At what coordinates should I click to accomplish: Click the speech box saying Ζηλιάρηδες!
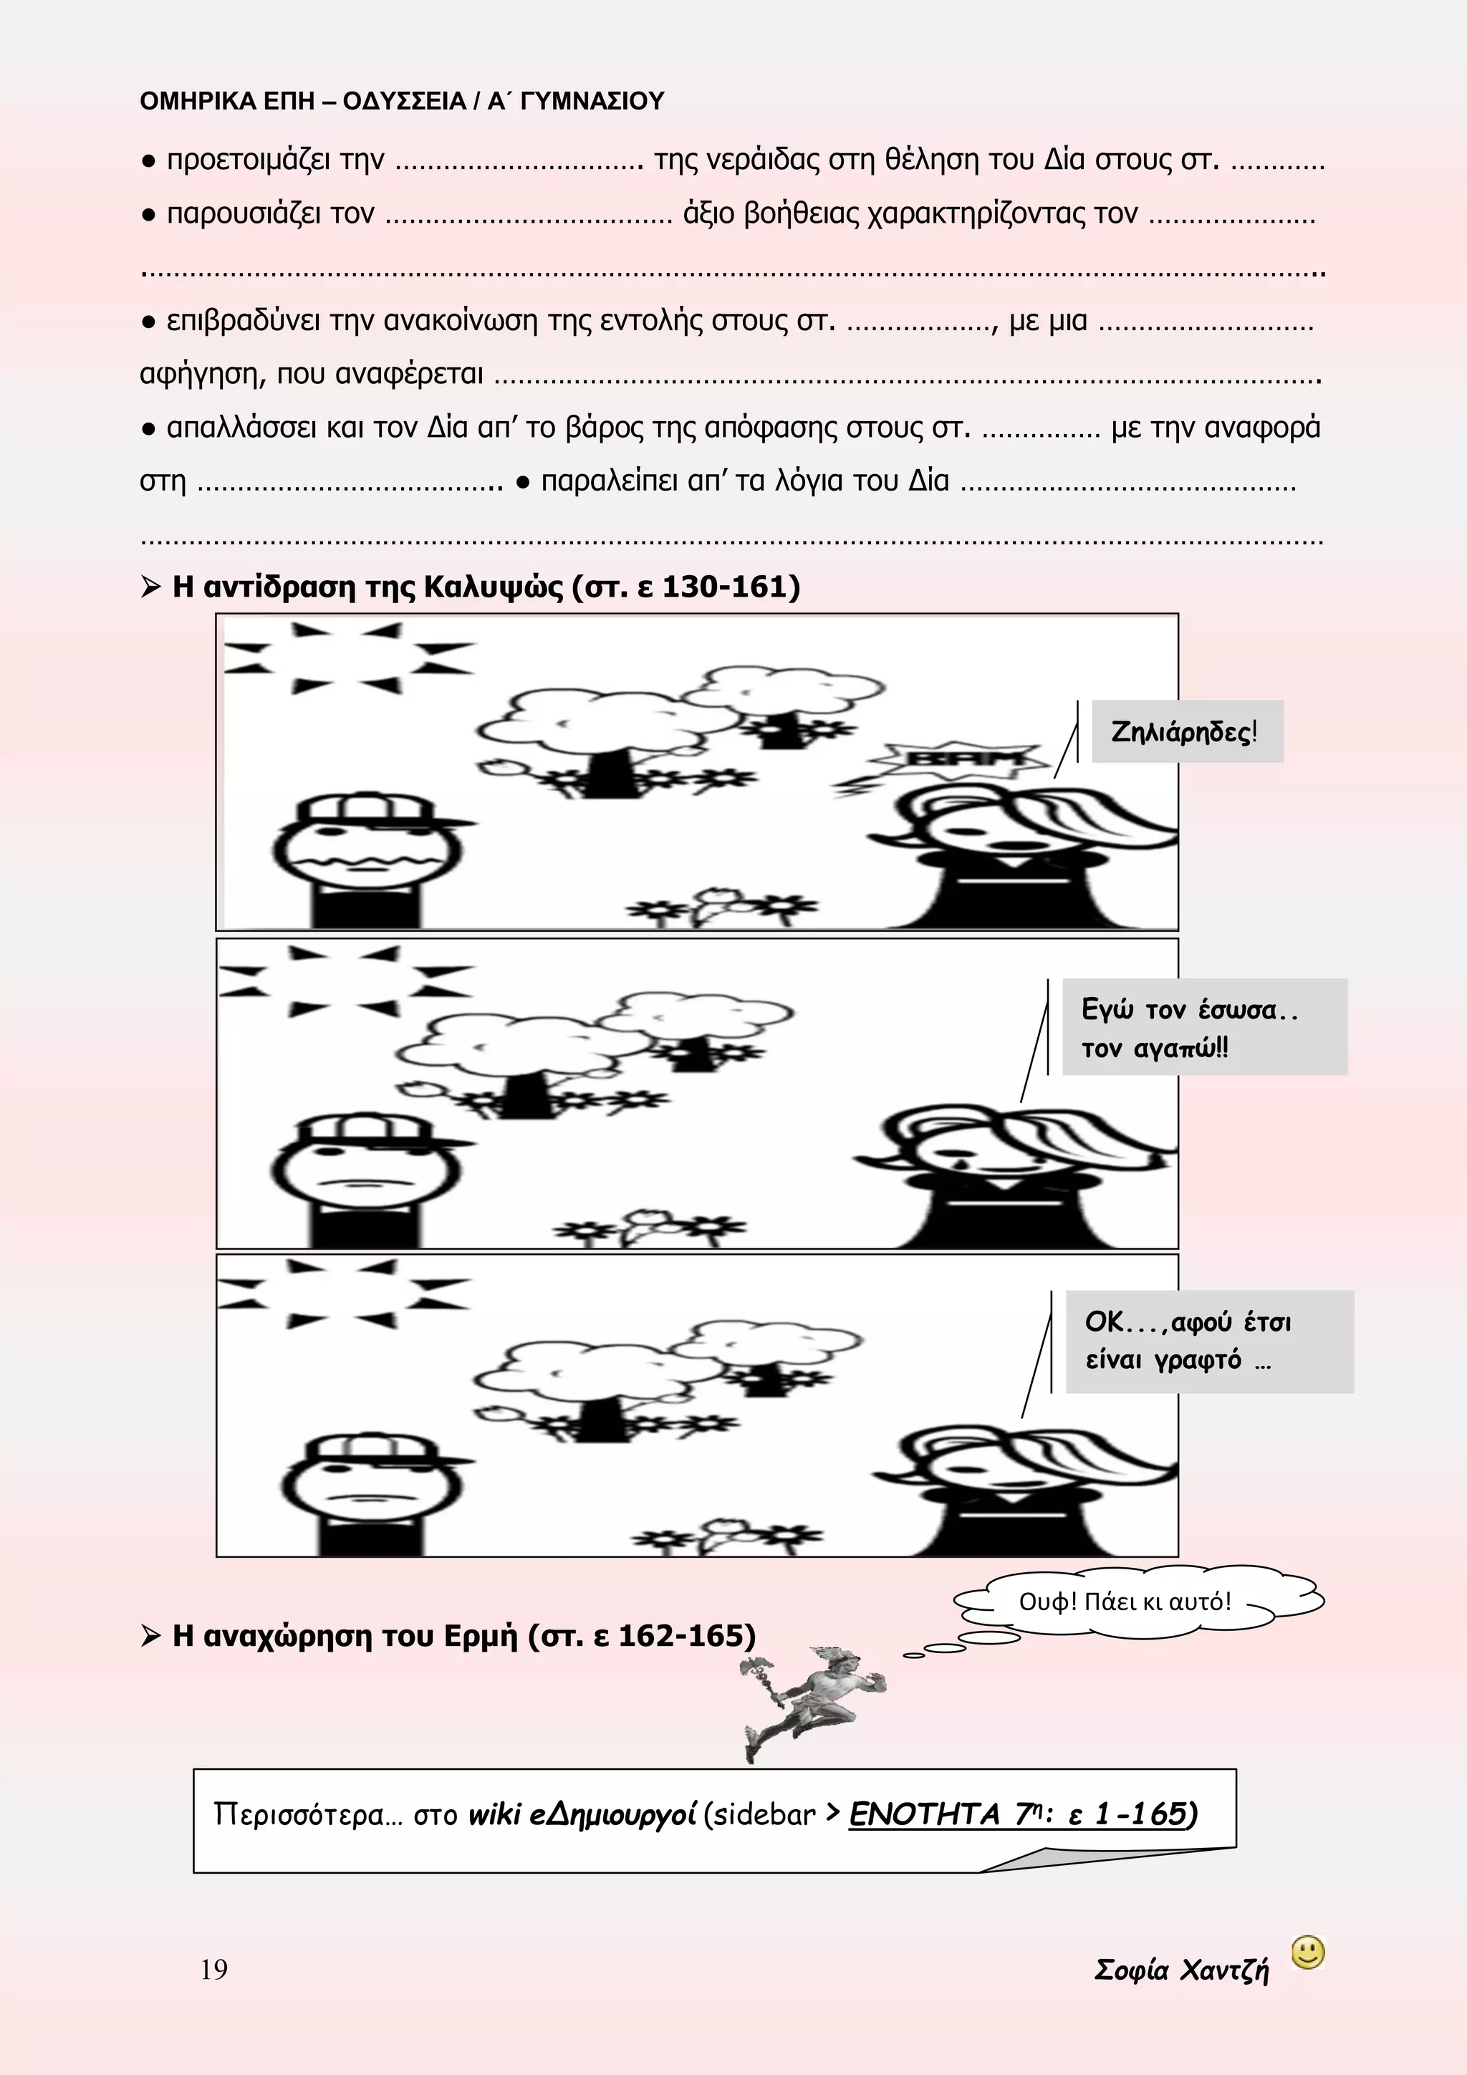[x=1186, y=731]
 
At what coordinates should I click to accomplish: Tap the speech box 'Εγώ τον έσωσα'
[x=1203, y=1028]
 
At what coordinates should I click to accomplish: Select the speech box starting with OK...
[x=1208, y=1341]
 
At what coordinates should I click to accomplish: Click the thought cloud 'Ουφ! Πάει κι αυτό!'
[x=1126, y=1602]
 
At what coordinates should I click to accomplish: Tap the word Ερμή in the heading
[x=480, y=1636]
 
